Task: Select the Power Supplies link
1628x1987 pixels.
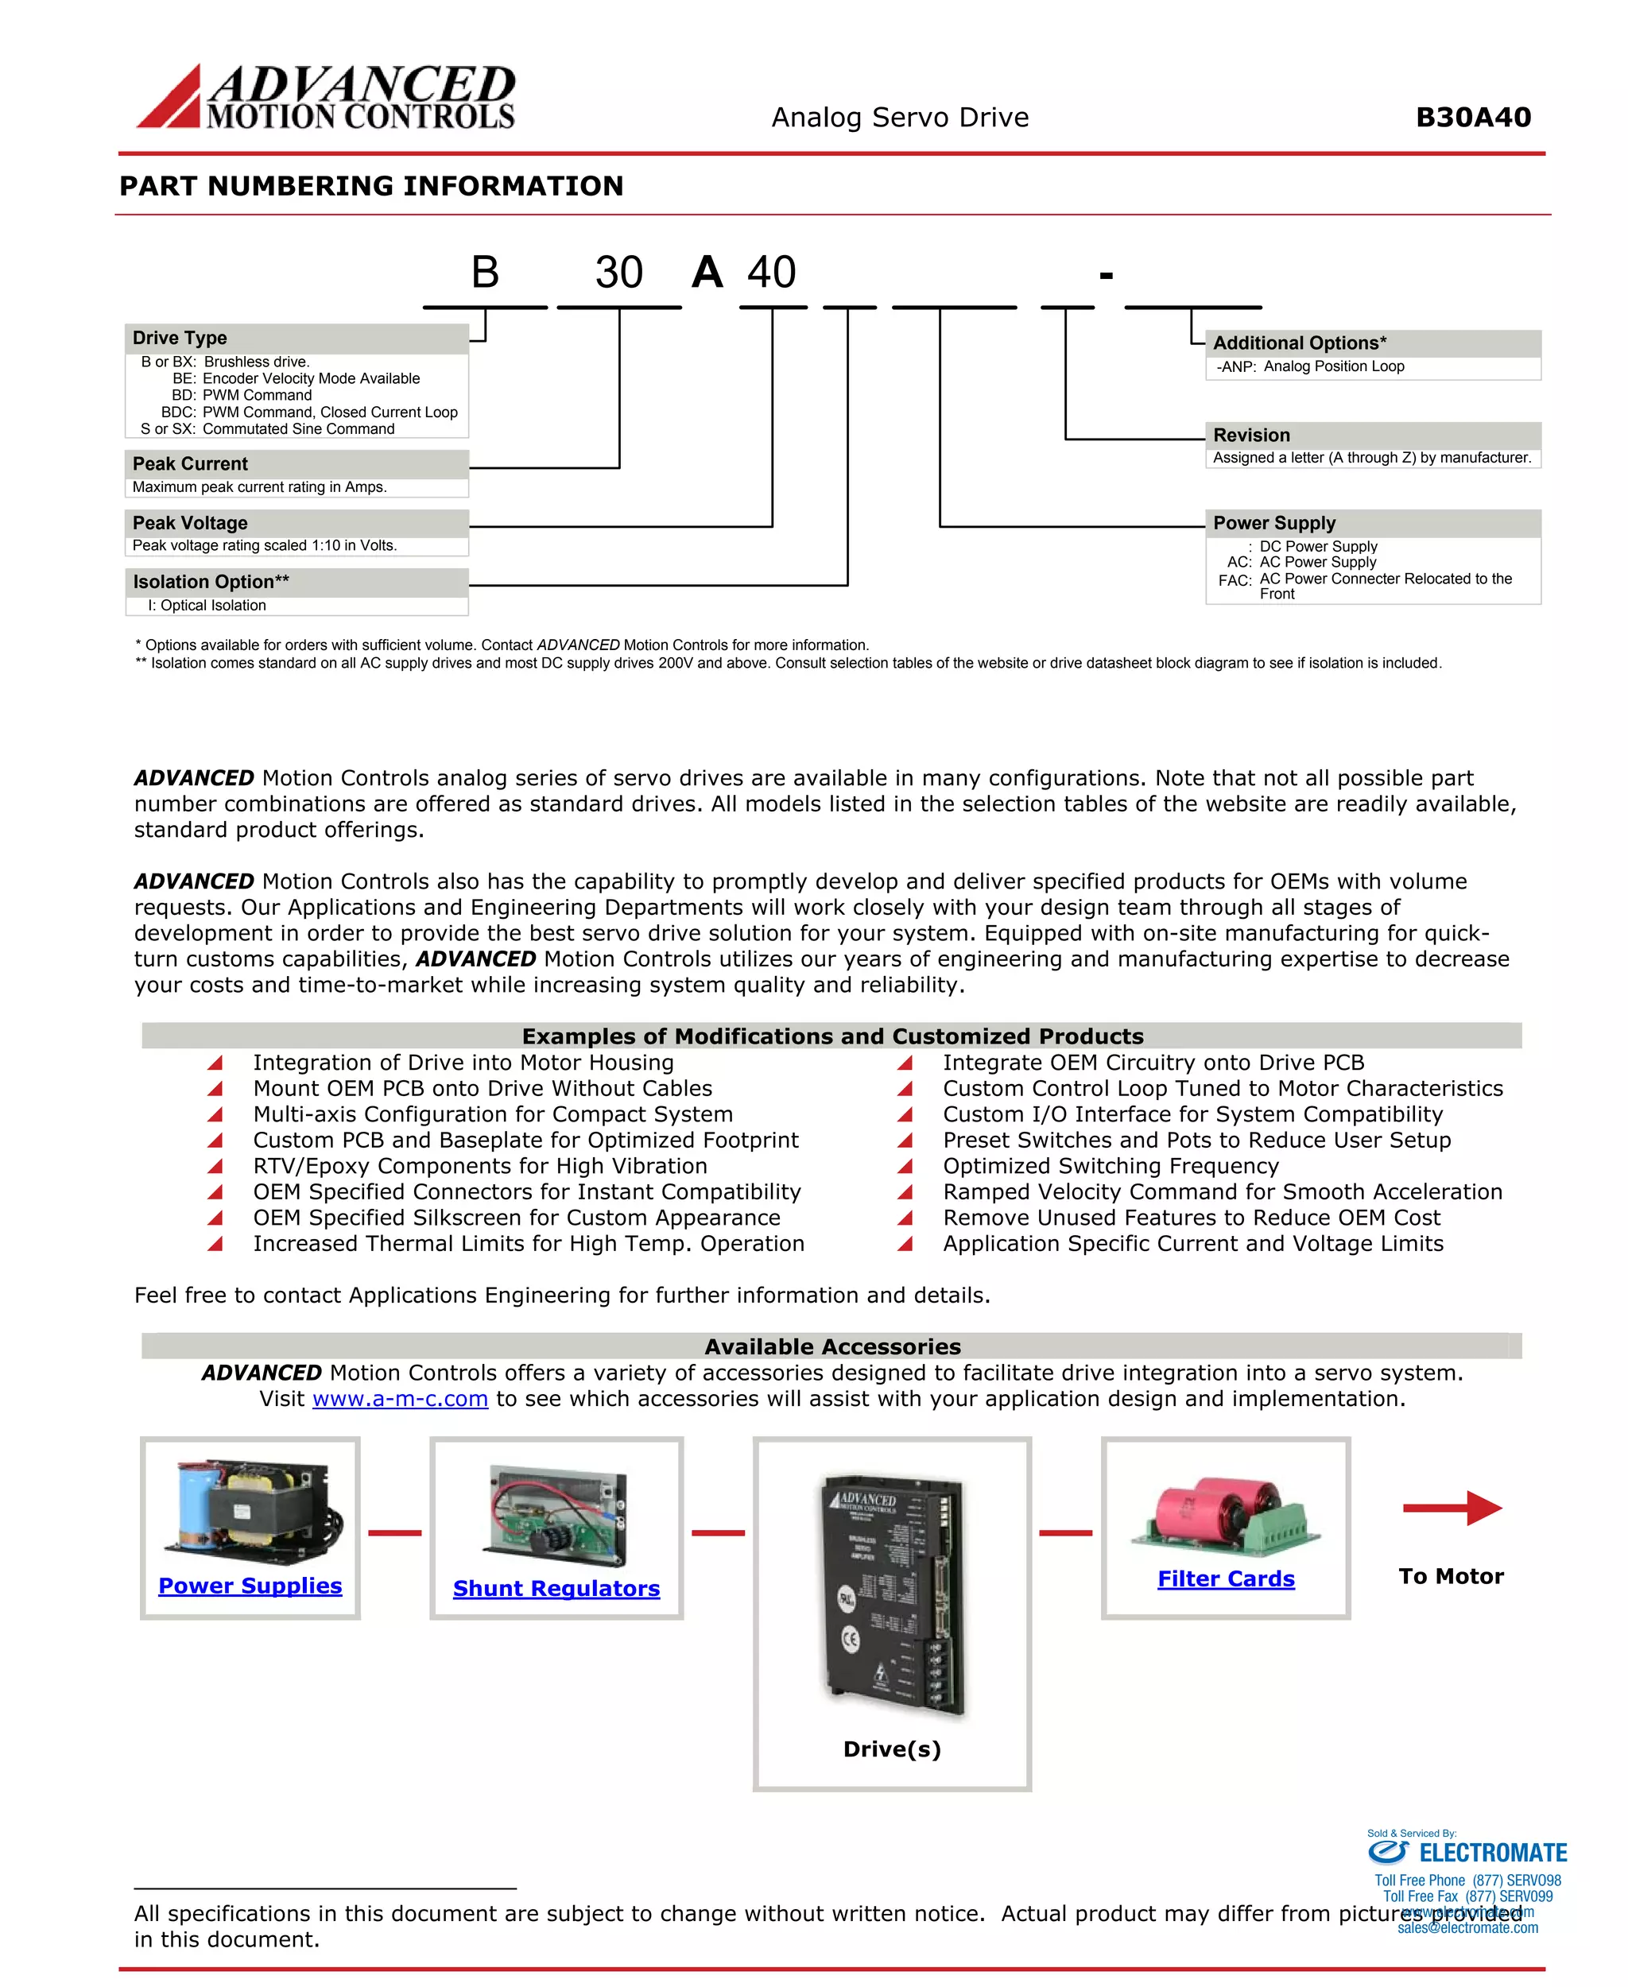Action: pos(250,1586)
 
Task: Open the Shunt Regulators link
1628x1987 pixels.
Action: pos(556,1589)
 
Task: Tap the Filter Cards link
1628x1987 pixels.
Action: pos(1226,1579)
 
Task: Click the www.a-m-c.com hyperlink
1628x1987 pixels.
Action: pos(400,1399)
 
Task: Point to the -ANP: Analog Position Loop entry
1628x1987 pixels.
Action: pos(1310,366)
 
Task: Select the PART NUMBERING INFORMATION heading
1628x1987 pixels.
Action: pos(371,186)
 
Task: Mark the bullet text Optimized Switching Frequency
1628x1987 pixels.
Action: pos(1111,1167)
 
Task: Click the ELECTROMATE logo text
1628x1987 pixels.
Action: pos(1492,1853)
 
